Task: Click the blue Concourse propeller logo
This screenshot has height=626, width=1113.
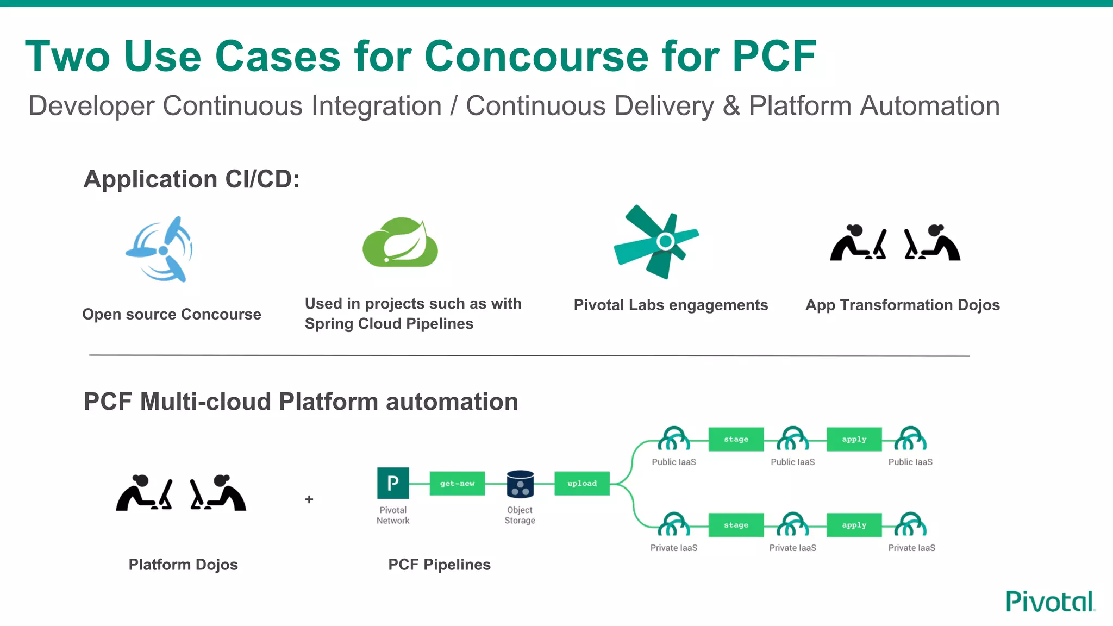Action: pos(160,250)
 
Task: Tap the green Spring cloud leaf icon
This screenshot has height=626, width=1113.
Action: pos(401,243)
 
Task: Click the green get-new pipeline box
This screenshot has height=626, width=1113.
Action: pos(457,483)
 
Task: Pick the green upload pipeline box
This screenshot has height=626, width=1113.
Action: pos(582,483)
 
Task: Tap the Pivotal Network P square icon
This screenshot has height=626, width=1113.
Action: pos(393,483)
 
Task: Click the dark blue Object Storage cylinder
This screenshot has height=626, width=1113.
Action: pos(520,484)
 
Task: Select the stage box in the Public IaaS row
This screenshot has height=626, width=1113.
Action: pos(736,439)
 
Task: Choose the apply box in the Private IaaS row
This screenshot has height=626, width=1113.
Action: pos(854,525)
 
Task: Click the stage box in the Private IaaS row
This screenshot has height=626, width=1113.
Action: pos(736,525)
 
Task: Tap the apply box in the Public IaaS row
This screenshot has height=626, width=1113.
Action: pos(854,439)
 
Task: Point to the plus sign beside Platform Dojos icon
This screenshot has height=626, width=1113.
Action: pos(309,499)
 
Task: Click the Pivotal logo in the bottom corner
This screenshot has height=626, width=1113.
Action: pos(1050,602)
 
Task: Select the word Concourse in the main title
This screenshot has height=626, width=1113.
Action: pos(536,57)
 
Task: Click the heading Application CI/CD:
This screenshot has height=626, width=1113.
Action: pos(191,179)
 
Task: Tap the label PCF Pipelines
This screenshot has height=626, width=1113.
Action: pos(439,565)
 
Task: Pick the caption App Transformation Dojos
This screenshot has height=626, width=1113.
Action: pos(902,305)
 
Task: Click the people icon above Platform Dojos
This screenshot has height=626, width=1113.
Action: pos(181,493)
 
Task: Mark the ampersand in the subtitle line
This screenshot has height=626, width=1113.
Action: pos(731,106)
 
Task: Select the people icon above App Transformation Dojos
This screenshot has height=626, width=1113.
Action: pos(895,243)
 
